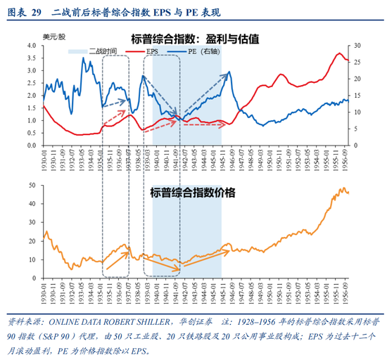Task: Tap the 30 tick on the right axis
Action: point(358,46)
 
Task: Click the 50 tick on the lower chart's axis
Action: point(32,184)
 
